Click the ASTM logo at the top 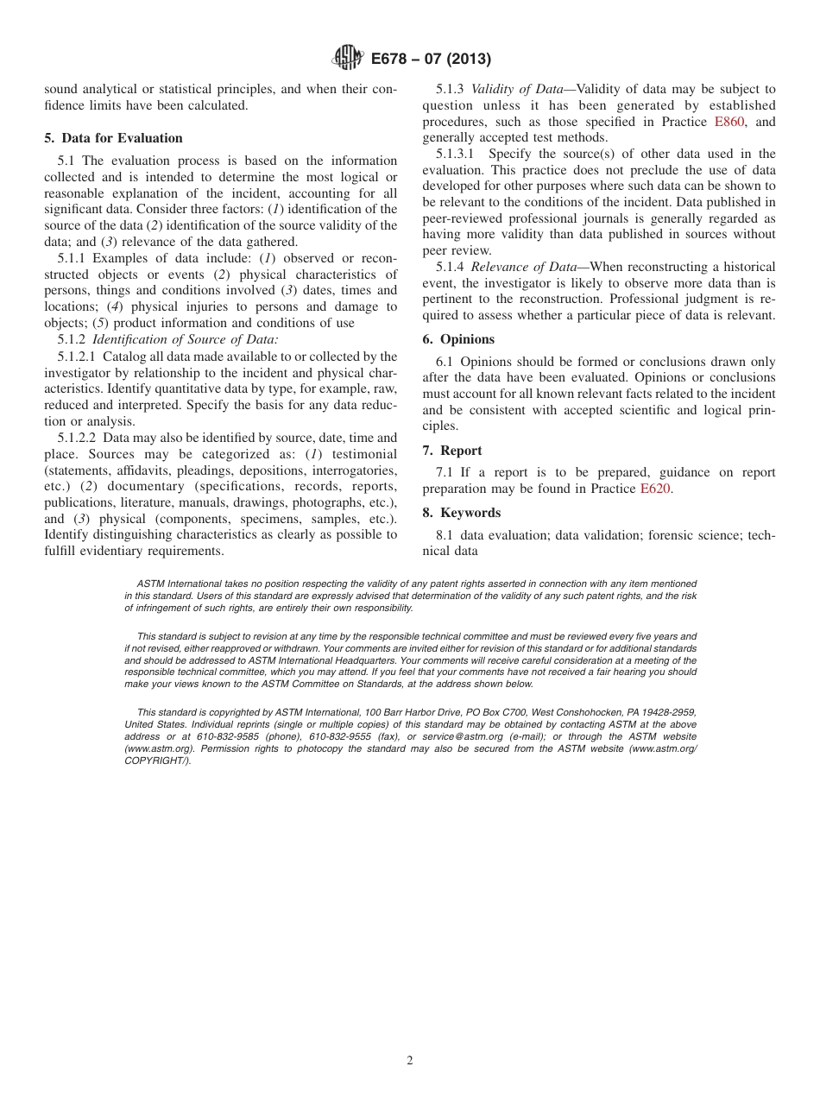(348, 58)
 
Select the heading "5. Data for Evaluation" (114, 138)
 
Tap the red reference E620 (654, 489)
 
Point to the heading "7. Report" (452, 451)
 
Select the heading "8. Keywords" (461, 513)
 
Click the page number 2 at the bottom (410, 1061)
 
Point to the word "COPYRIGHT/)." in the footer (158, 760)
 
